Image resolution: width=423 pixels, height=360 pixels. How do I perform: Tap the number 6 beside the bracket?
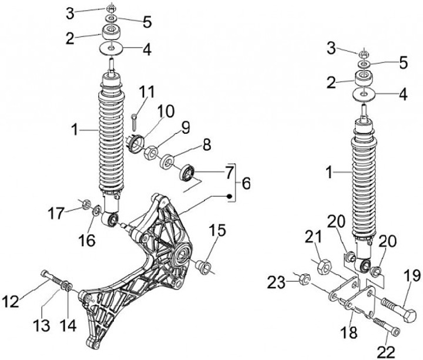pos(245,183)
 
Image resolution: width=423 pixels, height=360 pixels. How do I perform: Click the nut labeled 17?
pos(85,206)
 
